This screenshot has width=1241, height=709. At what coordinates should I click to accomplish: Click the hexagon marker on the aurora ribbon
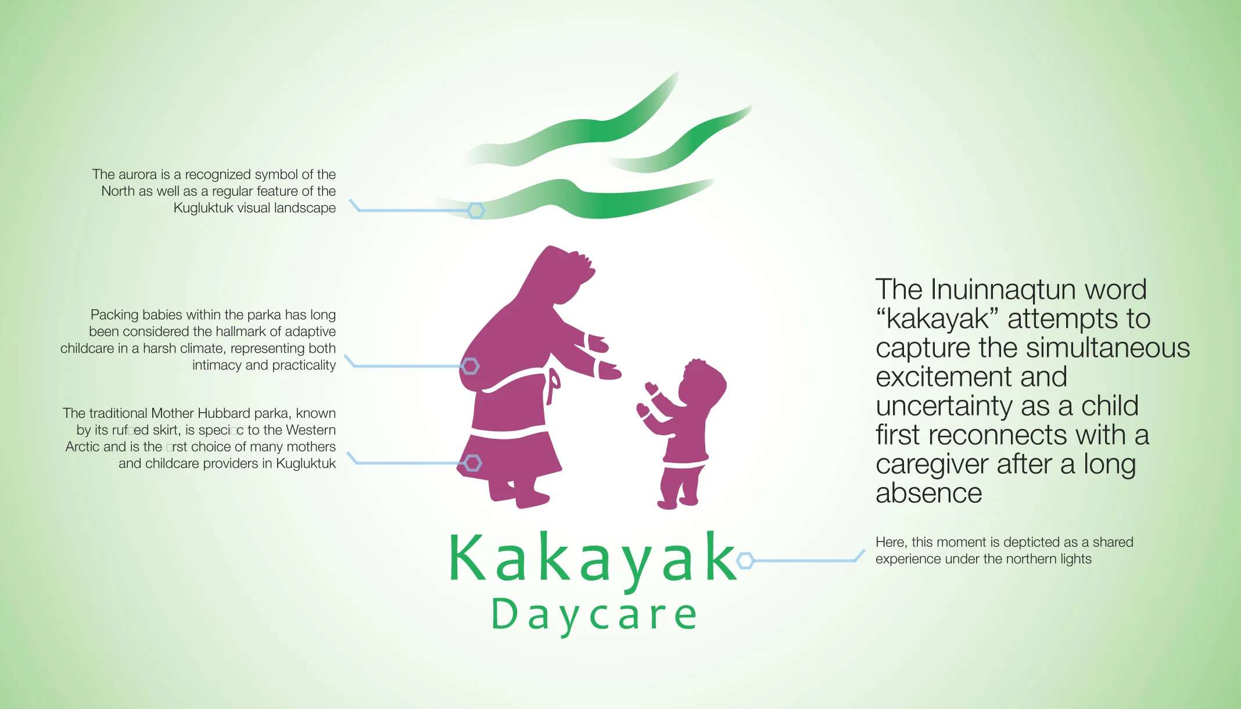tap(476, 210)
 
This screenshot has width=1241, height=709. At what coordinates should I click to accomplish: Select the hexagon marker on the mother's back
tap(470, 366)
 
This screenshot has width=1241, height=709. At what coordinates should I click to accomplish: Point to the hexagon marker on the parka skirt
tap(472, 463)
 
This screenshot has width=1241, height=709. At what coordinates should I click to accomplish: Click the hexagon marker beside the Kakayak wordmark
tap(745, 560)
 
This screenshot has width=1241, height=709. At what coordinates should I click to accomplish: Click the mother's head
tap(566, 273)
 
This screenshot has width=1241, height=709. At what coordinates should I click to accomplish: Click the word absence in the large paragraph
tap(928, 493)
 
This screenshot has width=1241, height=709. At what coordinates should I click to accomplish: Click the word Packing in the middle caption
tap(114, 315)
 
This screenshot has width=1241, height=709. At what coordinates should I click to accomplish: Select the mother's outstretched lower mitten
tap(609, 370)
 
